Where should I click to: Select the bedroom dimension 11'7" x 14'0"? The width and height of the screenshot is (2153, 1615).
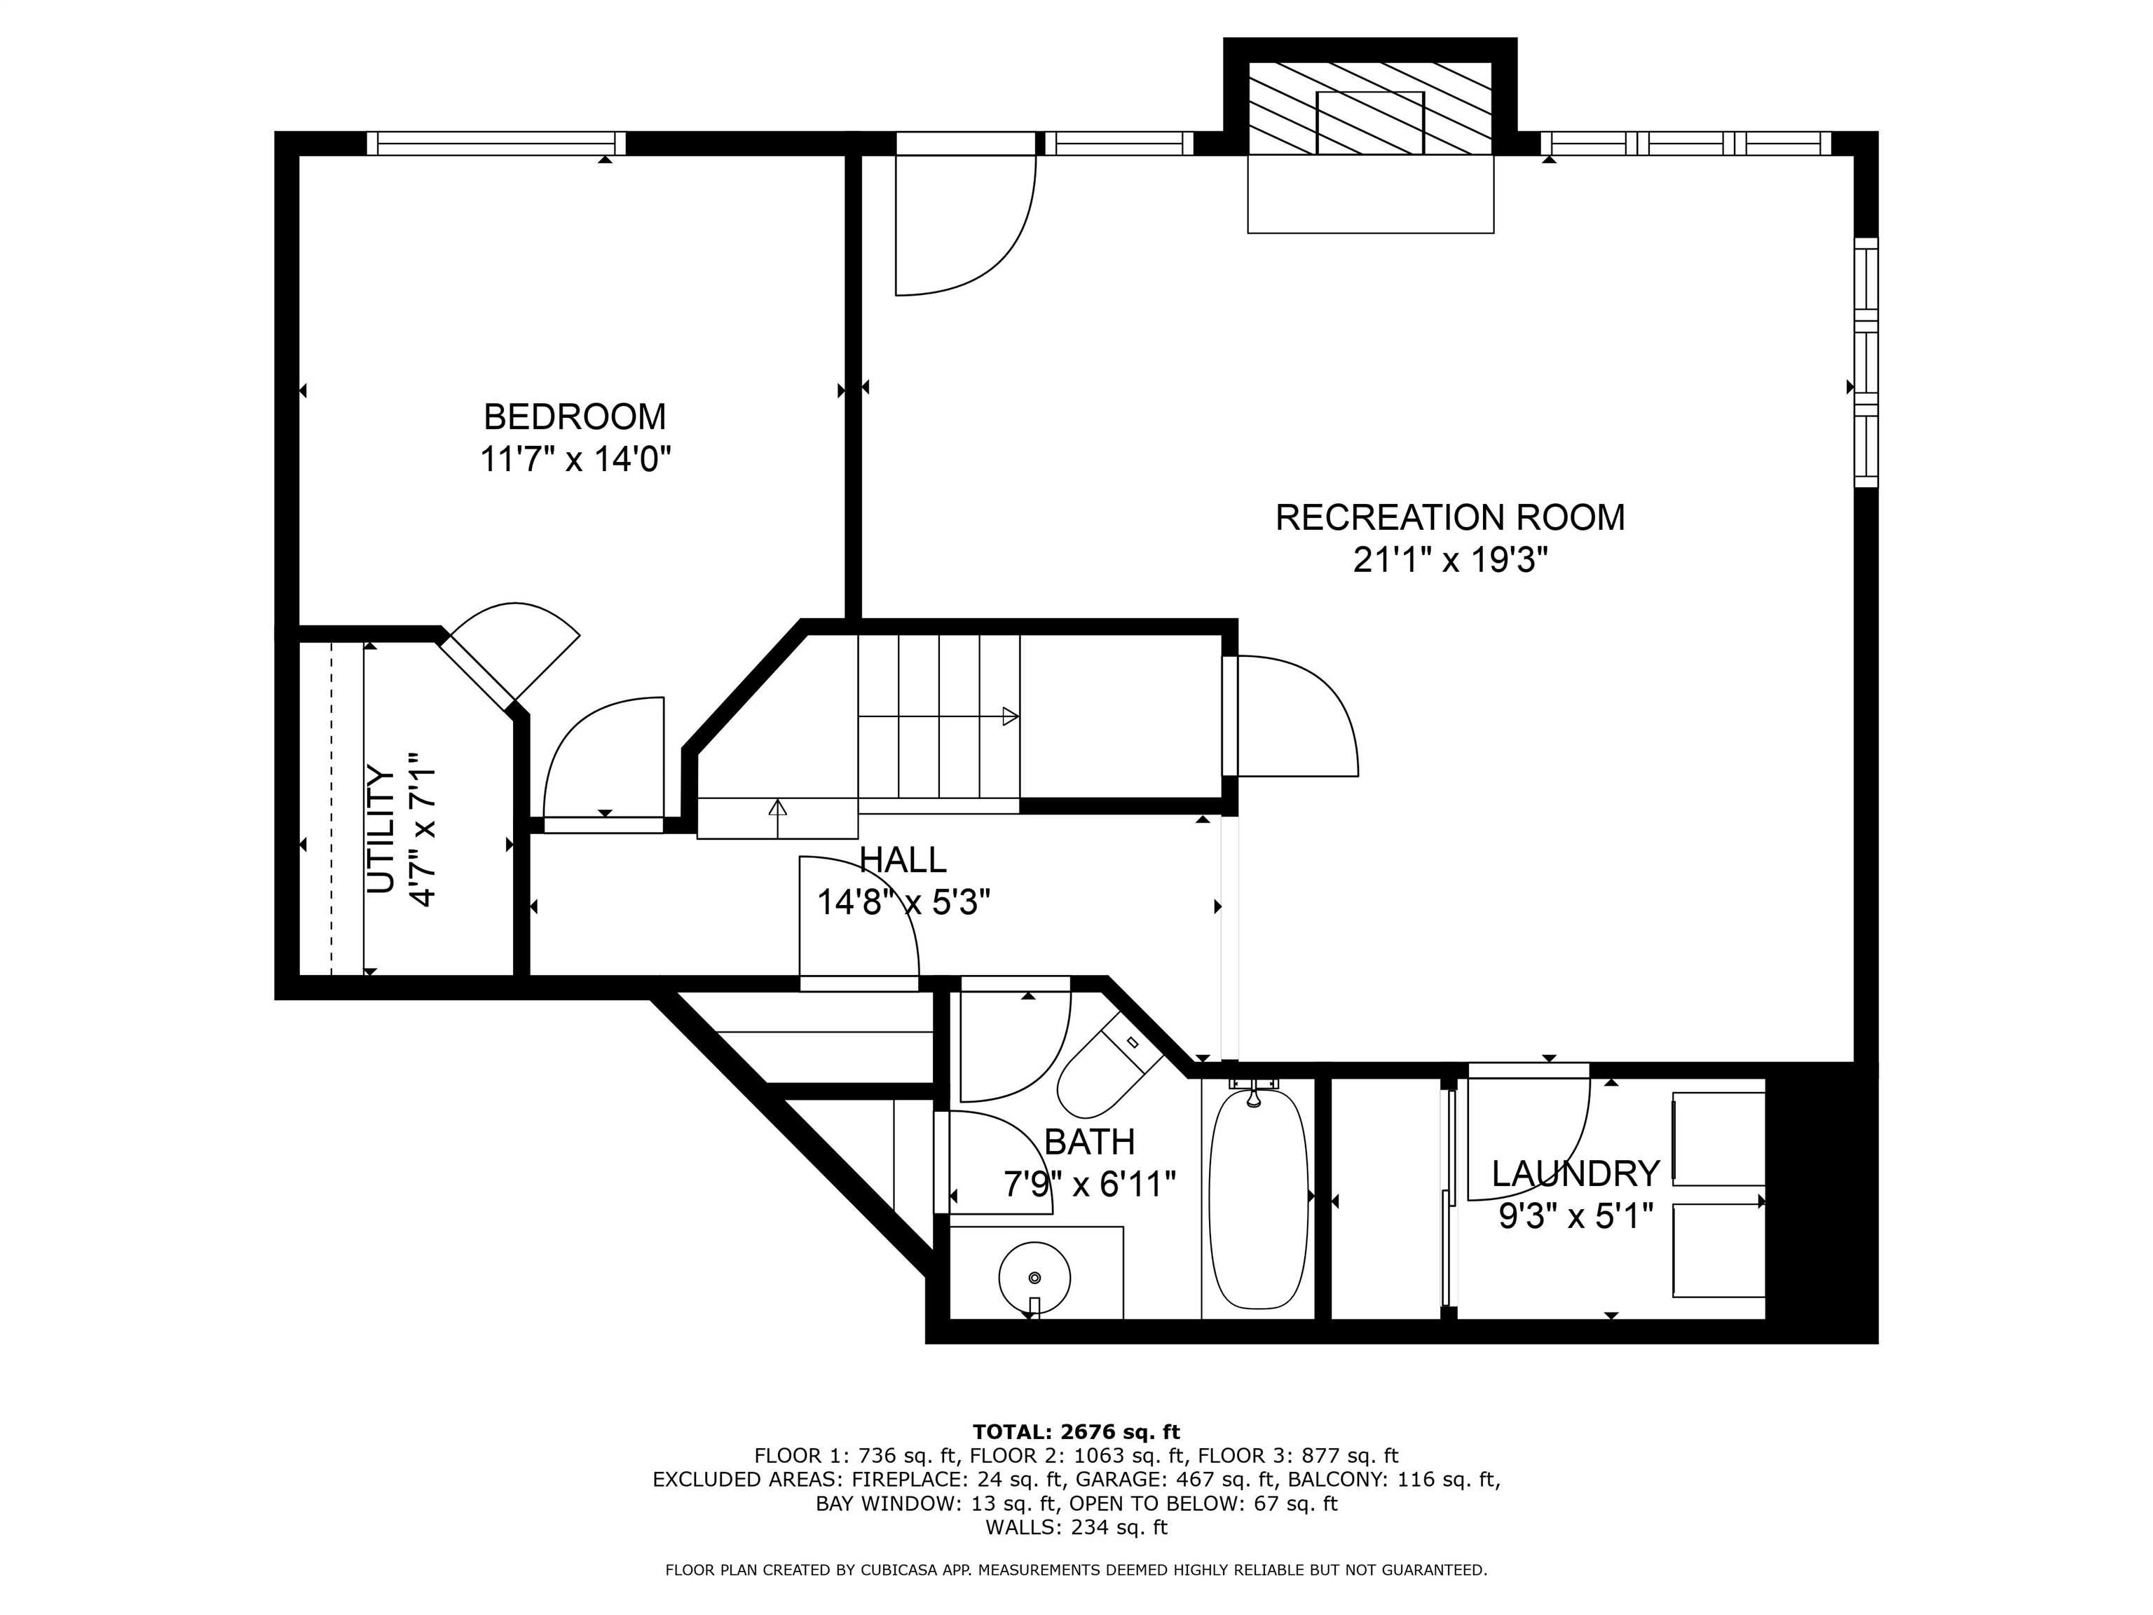point(575,458)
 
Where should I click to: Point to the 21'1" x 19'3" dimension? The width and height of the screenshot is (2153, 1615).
point(1449,561)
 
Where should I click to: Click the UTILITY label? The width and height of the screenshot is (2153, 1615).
point(381,829)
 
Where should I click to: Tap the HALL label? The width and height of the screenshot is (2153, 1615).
point(902,859)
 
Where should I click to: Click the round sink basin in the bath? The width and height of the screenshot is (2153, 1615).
point(1034,1277)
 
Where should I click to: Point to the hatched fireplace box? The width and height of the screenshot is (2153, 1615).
point(1369,109)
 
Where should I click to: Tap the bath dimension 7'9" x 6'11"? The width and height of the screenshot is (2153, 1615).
point(1089,1185)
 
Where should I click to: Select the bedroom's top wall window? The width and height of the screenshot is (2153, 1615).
point(496,143)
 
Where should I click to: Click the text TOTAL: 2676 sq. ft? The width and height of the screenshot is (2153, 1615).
point(1076,1432)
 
